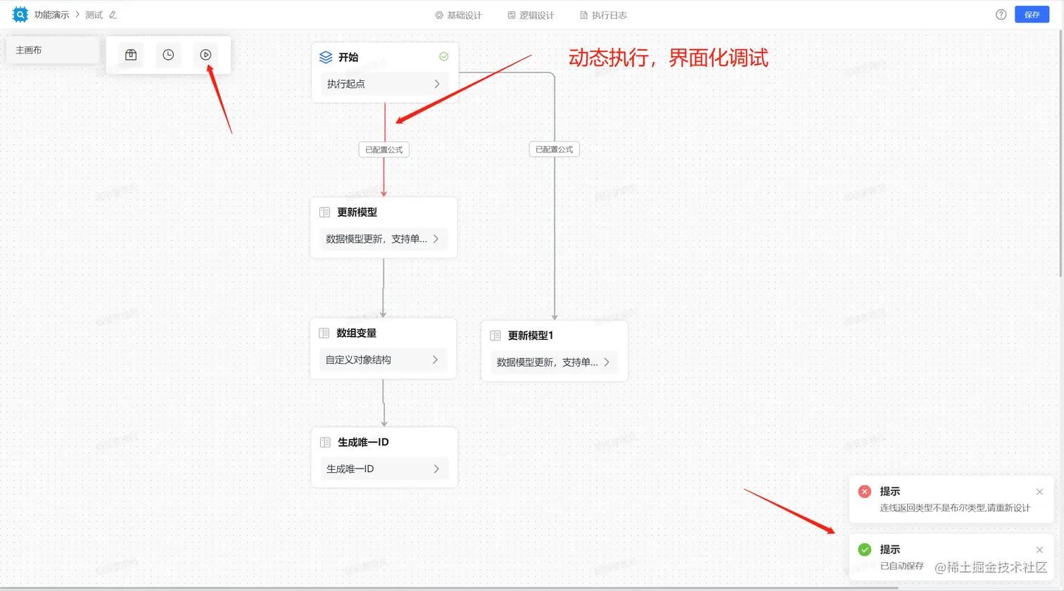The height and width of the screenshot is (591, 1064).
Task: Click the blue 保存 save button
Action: (1032, 15)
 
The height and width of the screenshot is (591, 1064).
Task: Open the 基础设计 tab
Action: (459, 15)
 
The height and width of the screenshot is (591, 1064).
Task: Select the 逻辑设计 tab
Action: (531, 15)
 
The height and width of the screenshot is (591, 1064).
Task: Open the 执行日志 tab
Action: (604, 15)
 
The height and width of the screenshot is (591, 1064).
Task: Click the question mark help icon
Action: (1001, 15)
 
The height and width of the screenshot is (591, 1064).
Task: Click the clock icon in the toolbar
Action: (168, 55)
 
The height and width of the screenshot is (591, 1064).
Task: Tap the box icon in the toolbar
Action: (131, 55)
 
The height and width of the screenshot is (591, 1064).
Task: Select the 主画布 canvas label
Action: (29, 50)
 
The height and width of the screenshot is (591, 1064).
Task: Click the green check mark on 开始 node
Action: (444, 56)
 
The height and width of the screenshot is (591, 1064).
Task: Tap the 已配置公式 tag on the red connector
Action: (384, 150)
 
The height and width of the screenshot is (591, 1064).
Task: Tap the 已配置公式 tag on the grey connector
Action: (554, 149)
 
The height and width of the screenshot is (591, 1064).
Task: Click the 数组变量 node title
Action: (357, 333)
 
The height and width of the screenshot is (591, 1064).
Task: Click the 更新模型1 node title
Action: (531, 336)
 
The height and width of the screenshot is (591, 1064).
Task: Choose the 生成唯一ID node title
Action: (363, 442)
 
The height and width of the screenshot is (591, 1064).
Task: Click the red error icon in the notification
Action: (865, 492)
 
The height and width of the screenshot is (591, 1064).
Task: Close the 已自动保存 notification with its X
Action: (1039, 549)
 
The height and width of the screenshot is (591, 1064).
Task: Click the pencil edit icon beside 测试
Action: (113, 15)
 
